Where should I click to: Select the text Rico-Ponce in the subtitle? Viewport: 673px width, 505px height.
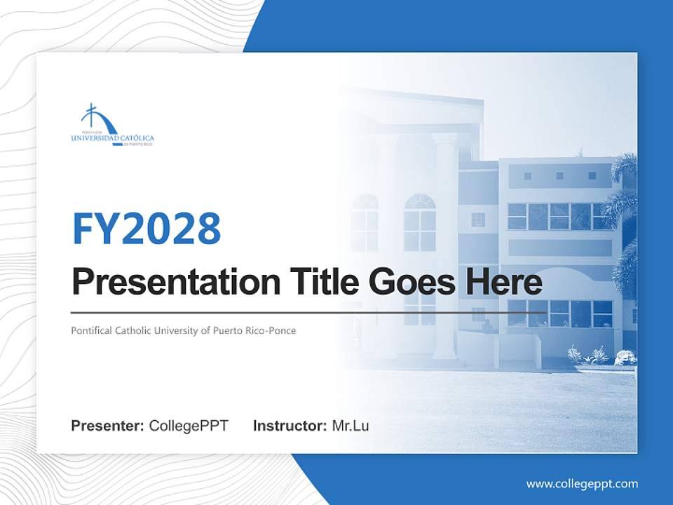pyautogui.click(x=273, y=330)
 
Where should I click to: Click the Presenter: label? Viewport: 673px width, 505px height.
pyautogui.click(x=108, y=426)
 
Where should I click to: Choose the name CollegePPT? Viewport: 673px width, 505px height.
pyautogui.click(x=189, y=426)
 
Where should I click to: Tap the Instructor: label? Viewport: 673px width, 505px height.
pyautogui.click(x=290, y=426)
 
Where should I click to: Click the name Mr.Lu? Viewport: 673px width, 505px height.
pyautogui.click(x=351, y=426)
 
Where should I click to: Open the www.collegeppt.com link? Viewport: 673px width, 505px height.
pyautogui.click(x=582, y=484)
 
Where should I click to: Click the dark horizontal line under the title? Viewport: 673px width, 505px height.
pyautogui.click(x=308, y=313)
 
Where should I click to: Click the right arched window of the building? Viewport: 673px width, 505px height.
pyautogui.click(x=419, y=222)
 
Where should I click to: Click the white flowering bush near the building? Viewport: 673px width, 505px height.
pyautogui.click(x=623, y=358)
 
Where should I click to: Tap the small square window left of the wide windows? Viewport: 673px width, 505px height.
pyautogui.click(x=478, y=220)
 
